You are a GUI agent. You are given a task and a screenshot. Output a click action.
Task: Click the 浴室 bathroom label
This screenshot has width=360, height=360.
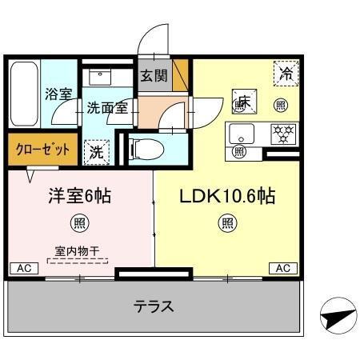point(58,94)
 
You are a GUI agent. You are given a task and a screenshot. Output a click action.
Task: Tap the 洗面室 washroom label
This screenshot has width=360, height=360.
point(107,107)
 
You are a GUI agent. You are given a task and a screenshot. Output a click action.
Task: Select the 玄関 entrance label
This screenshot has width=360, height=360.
point(154,76)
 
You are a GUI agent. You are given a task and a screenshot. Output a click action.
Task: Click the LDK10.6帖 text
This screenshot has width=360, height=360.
point(228,195)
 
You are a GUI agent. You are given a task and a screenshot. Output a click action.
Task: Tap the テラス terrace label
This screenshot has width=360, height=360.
point(154,306)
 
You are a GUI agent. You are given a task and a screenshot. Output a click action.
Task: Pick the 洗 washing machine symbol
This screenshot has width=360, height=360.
point(96,150)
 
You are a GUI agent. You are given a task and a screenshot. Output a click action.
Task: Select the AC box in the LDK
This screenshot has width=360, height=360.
point(282,269)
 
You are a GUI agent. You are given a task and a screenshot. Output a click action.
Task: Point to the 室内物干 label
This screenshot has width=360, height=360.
point(78,251)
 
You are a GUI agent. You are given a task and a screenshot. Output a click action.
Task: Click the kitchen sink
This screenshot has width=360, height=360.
point(242,131)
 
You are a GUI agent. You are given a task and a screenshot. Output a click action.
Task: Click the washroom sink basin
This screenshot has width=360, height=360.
point(101,78)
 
